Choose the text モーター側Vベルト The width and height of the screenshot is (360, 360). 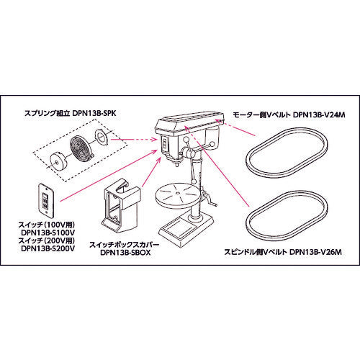click(x=263, y=113)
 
